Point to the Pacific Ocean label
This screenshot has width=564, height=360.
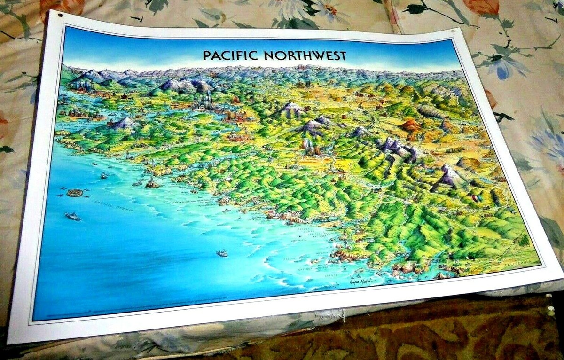(x=113, y=203)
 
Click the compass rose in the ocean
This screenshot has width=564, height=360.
(x=74, y=193)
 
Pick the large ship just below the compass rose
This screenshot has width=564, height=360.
(x=73, y=216)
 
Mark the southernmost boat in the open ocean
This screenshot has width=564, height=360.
(x=222, y=253)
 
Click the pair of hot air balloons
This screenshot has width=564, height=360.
(x=477, y=198)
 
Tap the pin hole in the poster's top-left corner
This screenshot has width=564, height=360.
(x=60, y=15)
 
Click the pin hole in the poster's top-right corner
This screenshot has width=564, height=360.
(x=453, y=32)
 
